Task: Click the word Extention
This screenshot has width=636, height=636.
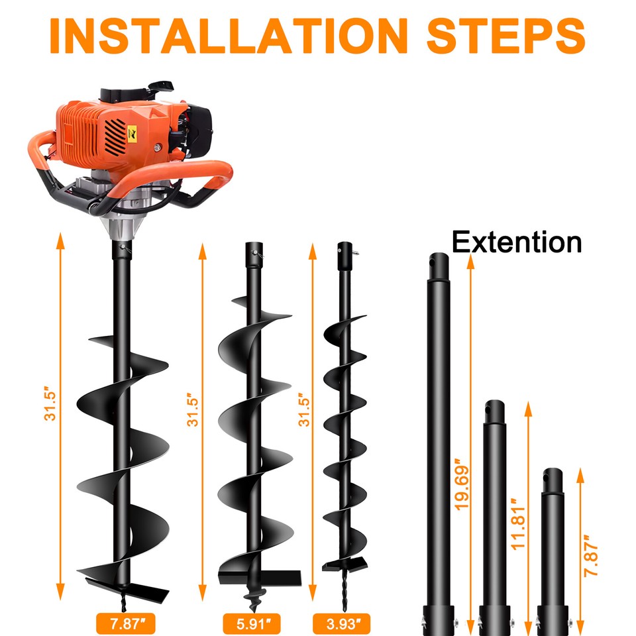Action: [x=517, y=242]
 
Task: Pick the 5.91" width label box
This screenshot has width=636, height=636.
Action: [x=254, y=623]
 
